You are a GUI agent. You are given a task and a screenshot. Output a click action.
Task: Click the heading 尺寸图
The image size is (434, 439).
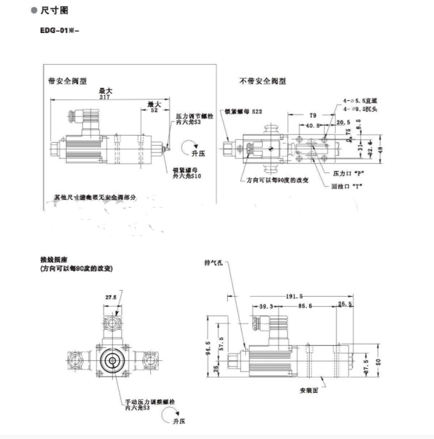57,11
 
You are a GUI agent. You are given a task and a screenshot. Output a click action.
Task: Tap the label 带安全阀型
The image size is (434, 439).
67,80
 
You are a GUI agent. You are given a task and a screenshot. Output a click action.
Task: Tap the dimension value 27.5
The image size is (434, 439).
111,298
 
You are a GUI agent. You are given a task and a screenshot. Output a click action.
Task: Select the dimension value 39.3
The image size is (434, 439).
267,307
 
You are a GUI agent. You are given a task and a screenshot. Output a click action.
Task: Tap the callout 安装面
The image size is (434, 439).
310,391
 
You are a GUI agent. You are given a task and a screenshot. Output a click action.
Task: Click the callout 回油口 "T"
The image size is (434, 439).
348,186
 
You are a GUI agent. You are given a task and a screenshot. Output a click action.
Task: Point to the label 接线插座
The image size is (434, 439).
53,259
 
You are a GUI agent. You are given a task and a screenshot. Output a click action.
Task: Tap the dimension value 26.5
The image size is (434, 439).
345,304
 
